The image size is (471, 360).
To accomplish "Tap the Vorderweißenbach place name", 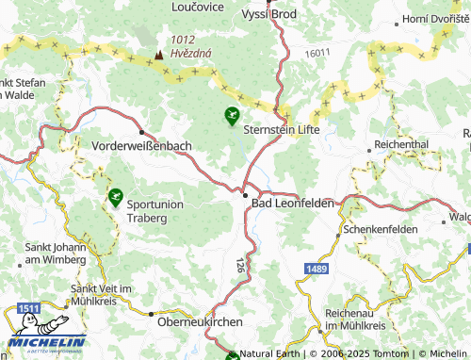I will click(x=143, y=147).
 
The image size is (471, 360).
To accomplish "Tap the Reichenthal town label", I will click(x=401, y=144).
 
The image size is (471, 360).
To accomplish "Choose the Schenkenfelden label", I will click(x=381, y=229).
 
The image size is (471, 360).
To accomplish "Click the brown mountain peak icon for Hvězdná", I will click(x=157, y=55).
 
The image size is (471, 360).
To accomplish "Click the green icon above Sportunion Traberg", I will click(x=115, y=197).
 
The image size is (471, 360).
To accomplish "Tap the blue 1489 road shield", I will click(x=317, y=270).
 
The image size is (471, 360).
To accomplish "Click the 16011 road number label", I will click(x=319, y=55).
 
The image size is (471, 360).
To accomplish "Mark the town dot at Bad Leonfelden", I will click(x=245, y=195).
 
